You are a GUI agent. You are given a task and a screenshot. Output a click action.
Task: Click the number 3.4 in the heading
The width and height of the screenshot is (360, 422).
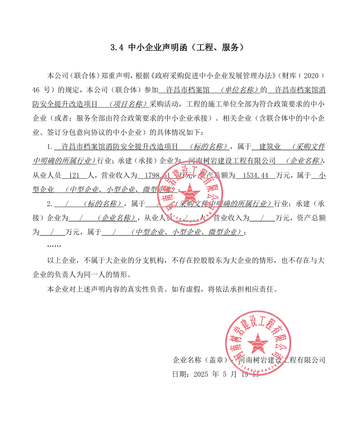point(117,48)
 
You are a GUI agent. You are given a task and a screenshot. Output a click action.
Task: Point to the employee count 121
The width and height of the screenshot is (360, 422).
point(74,175)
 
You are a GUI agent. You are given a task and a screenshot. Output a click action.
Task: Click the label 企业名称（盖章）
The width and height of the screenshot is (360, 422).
point(202,360)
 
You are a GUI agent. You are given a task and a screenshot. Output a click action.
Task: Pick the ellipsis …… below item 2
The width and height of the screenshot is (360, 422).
point(54,246)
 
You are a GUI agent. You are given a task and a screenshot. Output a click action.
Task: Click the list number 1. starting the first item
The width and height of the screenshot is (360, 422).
point(50,147)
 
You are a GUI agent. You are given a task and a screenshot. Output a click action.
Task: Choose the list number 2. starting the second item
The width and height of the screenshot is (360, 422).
point(50,203)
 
